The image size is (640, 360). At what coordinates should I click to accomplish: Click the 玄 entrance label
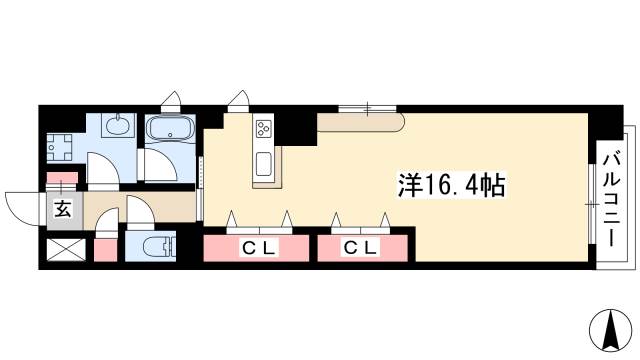click(x=62, y=209)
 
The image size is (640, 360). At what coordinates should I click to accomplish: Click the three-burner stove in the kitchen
click(x=265, y=129)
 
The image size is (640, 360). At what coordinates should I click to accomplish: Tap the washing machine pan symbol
click(x=61, y=145)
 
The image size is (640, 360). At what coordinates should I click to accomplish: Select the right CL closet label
click(x=363, y=247)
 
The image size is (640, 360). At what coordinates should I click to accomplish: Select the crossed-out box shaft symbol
click(x=62, y=248)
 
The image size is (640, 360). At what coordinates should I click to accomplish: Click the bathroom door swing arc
click(x=157, y=163)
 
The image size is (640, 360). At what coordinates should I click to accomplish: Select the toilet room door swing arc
click(x=138, y=212)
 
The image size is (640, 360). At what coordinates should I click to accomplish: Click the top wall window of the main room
click(x=367, y=107)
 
